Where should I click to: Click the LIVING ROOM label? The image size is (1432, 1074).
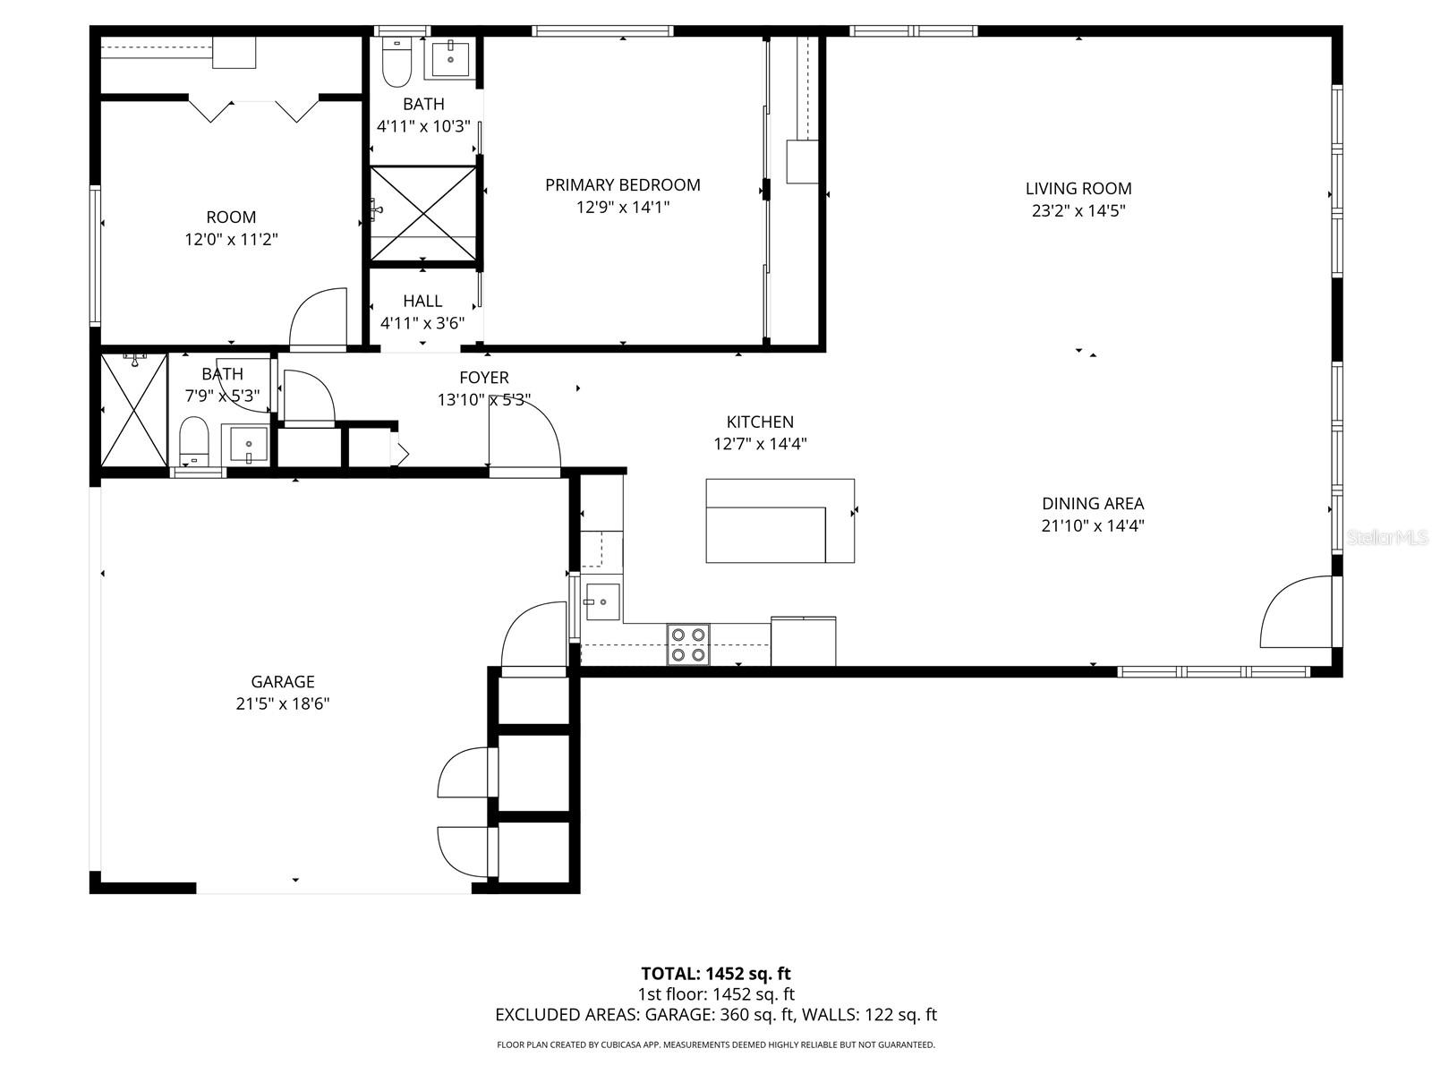click(1078, 189)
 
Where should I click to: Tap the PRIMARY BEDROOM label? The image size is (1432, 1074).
click(622, 185)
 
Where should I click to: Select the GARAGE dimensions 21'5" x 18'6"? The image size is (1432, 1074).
click(283, 704)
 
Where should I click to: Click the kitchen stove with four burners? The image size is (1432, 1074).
click(688, 644)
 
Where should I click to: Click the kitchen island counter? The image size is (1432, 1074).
click(779, 521)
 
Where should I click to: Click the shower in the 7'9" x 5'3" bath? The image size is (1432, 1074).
click(133, 410)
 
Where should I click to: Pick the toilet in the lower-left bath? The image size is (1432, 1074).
click(193, 441)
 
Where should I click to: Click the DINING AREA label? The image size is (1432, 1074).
click(1092, 504)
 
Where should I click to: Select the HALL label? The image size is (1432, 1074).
click(422, 302)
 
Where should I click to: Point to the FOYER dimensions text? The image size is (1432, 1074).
click(484, 400)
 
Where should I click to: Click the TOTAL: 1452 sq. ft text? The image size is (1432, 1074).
click(715, 974)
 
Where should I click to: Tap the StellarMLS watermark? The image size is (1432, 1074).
click(1387, 538)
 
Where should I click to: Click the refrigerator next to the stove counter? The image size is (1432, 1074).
click(803, 641)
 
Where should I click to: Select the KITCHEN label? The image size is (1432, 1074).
click(760, 422)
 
